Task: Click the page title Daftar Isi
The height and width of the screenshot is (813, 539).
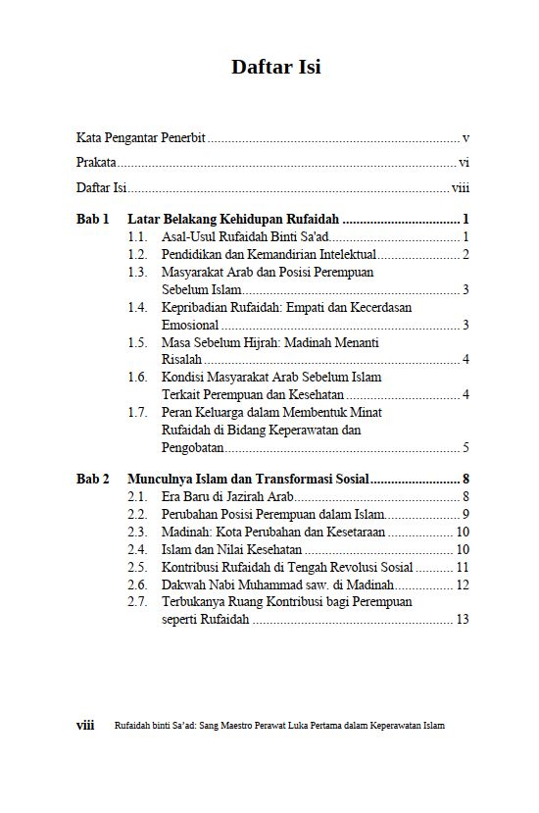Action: click(x=275, y=67)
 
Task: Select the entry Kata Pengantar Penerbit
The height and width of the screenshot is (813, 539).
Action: click(x=140, y=138)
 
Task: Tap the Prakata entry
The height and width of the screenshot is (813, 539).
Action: click(x=96, y=163)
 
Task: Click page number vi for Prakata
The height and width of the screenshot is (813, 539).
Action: click(x=464, y=163)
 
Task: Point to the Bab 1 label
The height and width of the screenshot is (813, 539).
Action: click(x=92, y=219)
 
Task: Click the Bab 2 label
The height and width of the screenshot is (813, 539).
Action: click(x=92, y=479)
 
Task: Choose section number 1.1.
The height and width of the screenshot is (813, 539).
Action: click(x=138, y=236)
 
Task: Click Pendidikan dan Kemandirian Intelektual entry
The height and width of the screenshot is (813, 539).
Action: click(x=255, y=254)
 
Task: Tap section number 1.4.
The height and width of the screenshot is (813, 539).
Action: click(x=138, y=307)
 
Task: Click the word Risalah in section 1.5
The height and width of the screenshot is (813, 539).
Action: click(x=181, y=359)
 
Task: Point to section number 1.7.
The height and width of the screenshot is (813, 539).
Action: click(x=138, y=412)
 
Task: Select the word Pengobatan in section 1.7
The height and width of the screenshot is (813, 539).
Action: click(x=193, y=447)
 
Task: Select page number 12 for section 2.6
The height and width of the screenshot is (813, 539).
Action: click(x=463, y=584)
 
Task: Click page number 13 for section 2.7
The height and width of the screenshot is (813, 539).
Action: click(x=463, y=619)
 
